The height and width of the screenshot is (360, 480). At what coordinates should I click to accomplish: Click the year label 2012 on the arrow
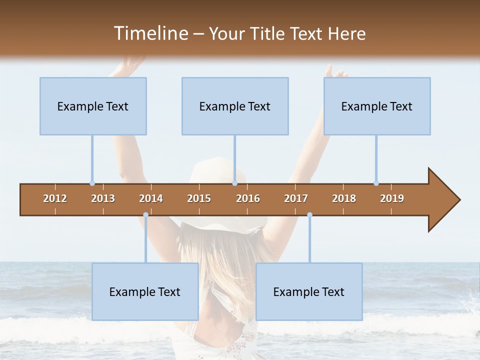[x=55, y=198]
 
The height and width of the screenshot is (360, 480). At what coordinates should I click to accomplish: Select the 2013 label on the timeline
[x=103, y=198]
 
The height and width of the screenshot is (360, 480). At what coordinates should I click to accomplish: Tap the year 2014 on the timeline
[x=151, y=198]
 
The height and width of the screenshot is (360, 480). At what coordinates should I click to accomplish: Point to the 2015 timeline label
[x=199, y=198]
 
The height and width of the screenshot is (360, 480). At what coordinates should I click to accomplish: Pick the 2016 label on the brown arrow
[x=248, y=198]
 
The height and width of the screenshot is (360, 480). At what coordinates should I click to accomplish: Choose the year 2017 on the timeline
[x=296, y=198]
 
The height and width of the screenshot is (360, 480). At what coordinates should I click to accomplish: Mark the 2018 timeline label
[x=344, y=198]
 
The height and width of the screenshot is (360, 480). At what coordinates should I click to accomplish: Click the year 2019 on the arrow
[x=392, y=198]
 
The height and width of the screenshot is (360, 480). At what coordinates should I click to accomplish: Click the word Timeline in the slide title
[x=149, y=33]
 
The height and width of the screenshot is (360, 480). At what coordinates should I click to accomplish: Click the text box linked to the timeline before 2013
[x=93, y=106]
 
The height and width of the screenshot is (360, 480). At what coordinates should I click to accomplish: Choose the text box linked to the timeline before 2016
[x=235, y=106]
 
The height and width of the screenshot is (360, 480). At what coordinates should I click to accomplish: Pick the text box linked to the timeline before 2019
[x=377, y=106]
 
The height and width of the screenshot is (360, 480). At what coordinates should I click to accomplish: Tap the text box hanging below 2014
[x=145, y=291]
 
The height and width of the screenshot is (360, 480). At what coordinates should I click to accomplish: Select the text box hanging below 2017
[x=309, y=291]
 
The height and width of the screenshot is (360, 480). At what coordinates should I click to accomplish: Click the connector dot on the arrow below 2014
[x=145, y=215]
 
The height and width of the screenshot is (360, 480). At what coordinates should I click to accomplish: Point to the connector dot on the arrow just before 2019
[x=376, y=183]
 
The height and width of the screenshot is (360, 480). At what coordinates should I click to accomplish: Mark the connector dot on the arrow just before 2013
[x=92, y=183]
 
